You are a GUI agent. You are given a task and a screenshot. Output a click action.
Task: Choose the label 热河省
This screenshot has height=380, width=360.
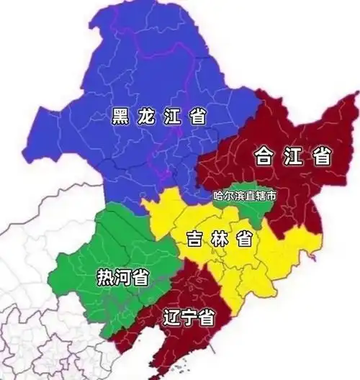coord(122,277)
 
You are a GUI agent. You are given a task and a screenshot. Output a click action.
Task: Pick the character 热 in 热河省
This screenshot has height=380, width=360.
coord(105,277)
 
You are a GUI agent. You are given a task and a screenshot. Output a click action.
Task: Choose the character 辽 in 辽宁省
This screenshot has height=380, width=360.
coord(171,317)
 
